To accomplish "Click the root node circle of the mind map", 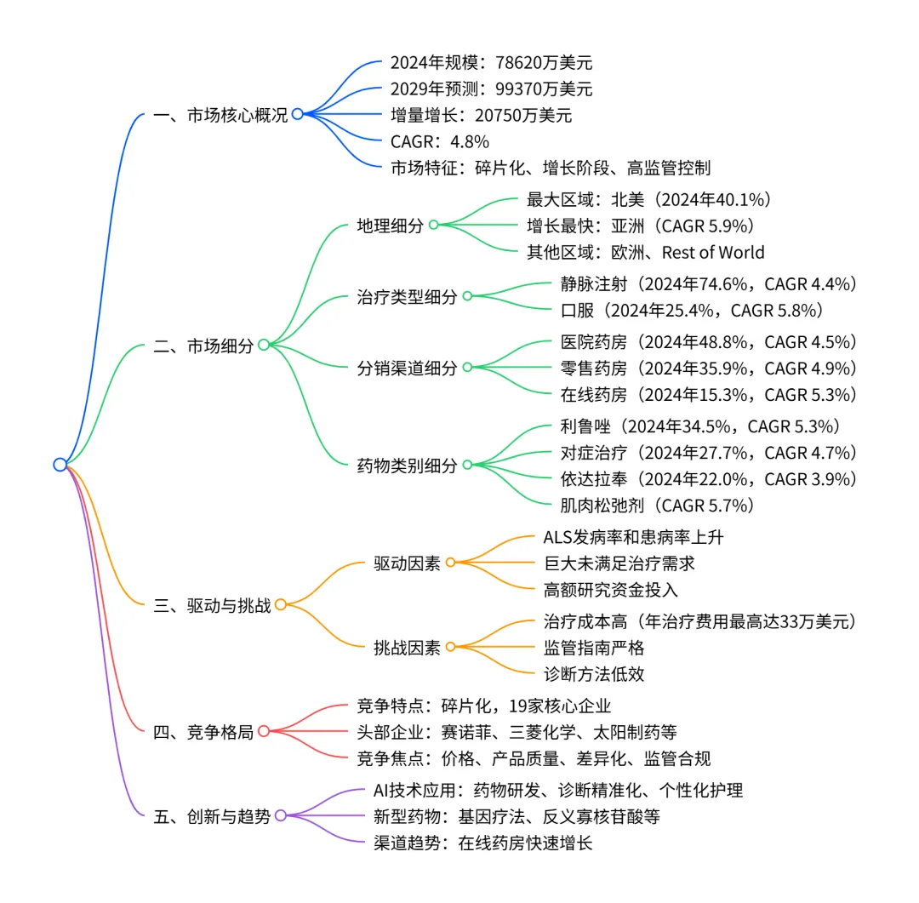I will [60, 464].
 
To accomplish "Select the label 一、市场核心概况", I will [220, 115].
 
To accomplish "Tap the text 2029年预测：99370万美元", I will [491, 89].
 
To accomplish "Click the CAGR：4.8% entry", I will [439, 141].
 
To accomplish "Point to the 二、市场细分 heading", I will [203, 346].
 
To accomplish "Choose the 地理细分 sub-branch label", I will [390, 226].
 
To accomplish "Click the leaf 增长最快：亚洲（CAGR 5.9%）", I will [640, 226].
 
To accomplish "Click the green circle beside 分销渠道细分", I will [466, 368].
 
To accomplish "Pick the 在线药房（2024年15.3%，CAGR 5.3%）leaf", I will [709, 394].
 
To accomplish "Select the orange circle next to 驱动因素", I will [450, 563].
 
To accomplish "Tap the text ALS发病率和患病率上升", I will [633, 537].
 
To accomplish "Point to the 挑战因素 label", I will [407, 648].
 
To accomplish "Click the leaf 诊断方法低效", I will [594, 674].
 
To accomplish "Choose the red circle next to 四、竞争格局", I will [263, 731].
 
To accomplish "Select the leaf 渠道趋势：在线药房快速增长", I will [483, 843].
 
